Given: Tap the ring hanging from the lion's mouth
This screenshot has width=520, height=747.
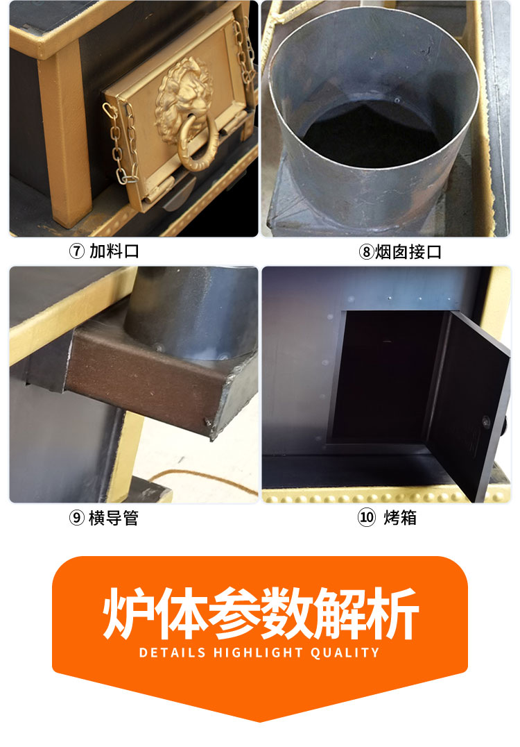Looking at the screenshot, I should tap(198, 149).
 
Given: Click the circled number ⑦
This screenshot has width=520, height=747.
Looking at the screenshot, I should tap(77, 251).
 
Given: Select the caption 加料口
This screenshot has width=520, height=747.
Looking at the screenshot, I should tap(114, 251).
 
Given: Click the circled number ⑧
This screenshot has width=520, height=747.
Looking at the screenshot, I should tap(366, 252).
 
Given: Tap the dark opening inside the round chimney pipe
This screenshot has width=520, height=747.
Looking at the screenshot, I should tap(374, 135).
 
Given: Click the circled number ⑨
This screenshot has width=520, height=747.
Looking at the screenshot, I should tap(77, 518).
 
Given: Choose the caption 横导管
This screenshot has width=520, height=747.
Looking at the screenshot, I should tap(114, 518).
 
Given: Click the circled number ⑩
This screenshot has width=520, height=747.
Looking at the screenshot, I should tap(366, 518).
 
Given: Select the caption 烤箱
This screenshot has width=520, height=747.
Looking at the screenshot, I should tap(400, 518).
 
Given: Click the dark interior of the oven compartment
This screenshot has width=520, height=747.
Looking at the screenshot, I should tap(378, 375).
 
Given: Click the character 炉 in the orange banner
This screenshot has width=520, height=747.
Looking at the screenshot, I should tap(128, 614).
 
